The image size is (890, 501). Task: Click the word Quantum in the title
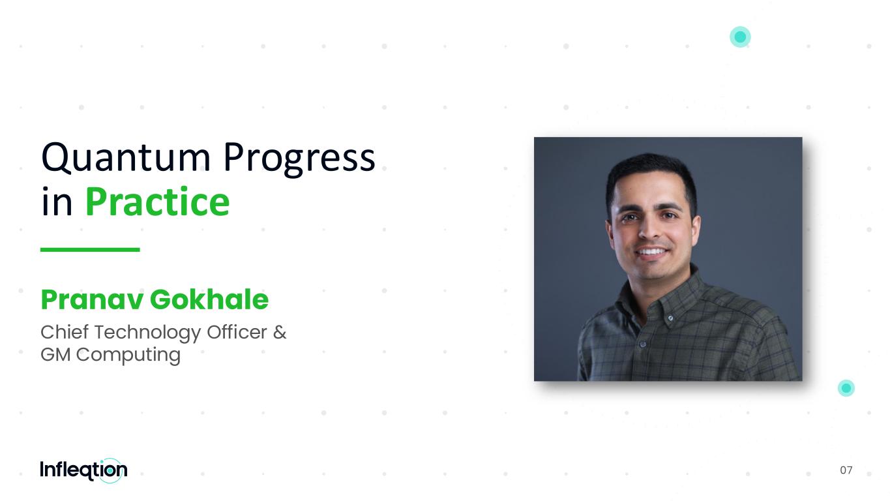point(126,158)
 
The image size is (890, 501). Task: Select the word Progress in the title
point(299,159)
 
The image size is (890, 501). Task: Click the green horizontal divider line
point(90,250)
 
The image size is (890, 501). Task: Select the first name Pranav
point(92,299)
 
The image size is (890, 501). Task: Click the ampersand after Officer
point(280,332)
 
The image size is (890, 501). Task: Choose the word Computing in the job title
point(128,356)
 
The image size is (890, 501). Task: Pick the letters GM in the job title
point(55,355)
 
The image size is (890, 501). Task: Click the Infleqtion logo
point(84,470)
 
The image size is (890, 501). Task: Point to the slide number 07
point(846,470)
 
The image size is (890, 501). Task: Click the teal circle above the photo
point(740,37)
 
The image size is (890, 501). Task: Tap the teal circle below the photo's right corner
point(846,388)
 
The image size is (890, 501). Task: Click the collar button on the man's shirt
point(670,318)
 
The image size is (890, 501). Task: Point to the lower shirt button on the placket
point(643,344)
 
